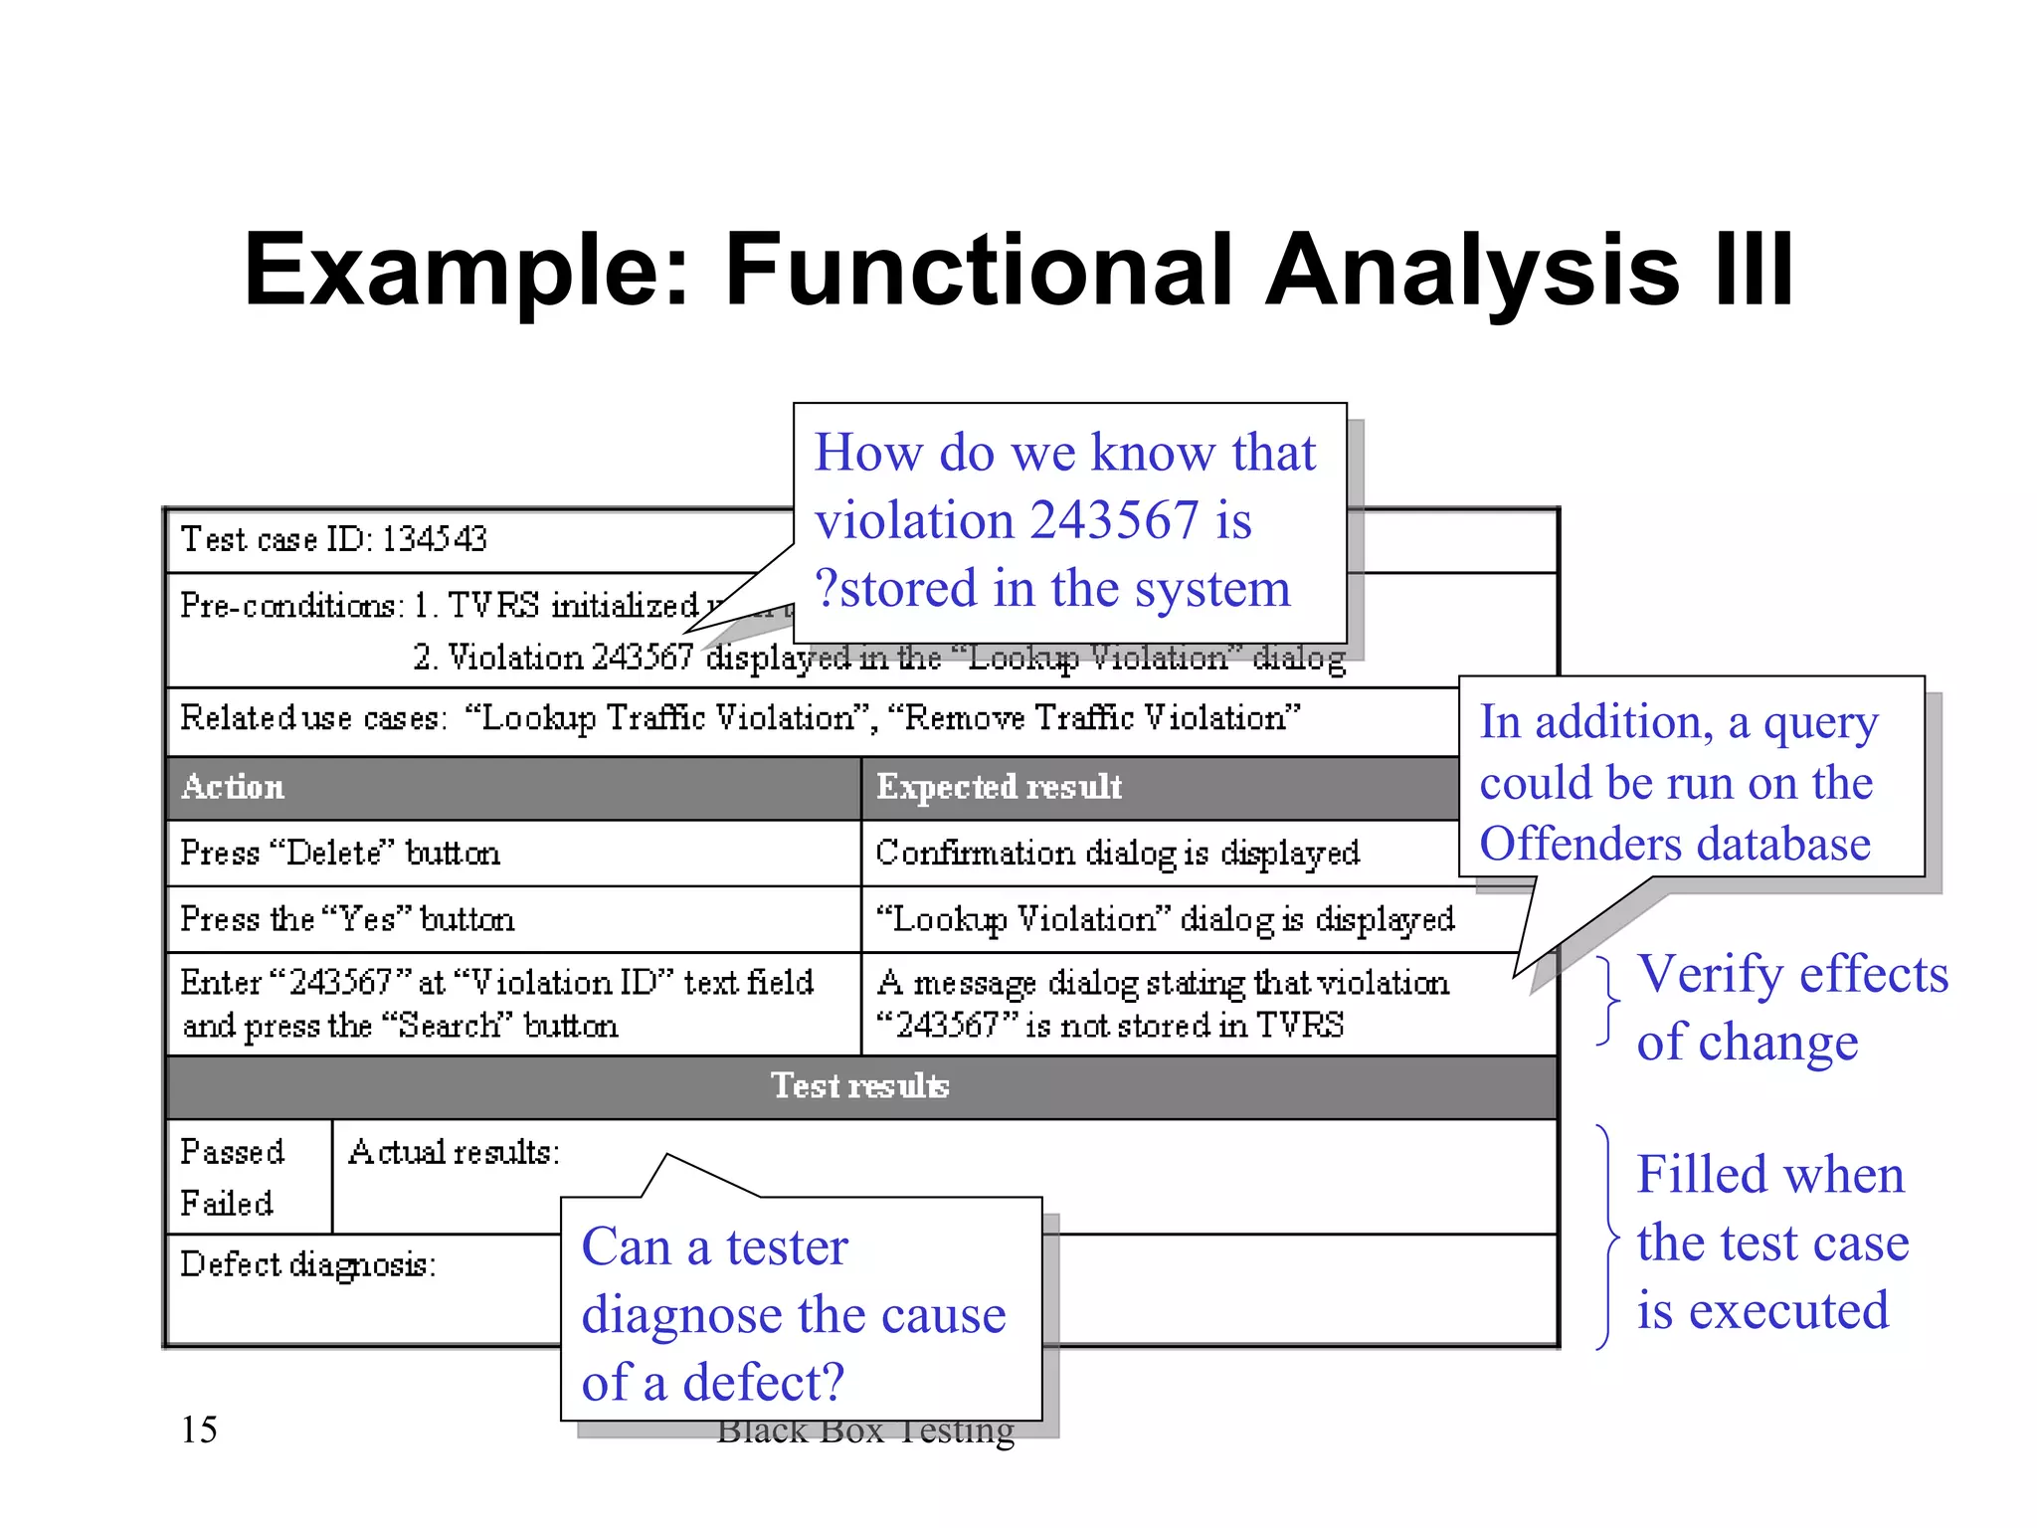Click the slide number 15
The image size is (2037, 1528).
coord(199,1430)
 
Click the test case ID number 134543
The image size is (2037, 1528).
coord(435,539)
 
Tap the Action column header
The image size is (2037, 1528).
coord(233,787)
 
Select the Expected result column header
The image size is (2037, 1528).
coord(999,787)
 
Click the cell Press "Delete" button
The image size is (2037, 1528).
coord(340,854)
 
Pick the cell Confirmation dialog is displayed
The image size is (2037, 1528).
coord(1117,854)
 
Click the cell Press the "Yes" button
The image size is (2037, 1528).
coord(347,919)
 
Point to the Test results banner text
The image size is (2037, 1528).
coord(860,1085)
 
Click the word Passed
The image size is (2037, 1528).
coord(232,1152)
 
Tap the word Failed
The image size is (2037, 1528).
coord(227,1204)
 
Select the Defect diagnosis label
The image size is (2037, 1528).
coord(308,1265)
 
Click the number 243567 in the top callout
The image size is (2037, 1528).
coord(1114,520)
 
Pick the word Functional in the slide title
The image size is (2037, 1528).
coord(979,270)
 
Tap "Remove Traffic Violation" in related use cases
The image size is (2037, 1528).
coord(1093,718)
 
